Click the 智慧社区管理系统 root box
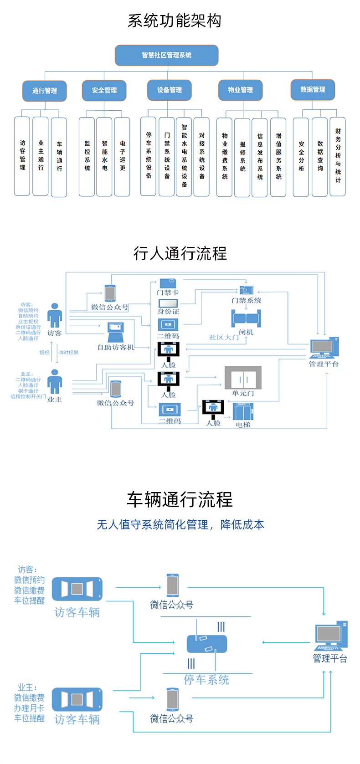tap(166, 55)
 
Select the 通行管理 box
tap(45, 91)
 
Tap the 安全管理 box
tap(104, 90)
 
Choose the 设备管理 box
tap(169, 90)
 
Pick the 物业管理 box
tap(240, 90)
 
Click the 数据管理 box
tap(313, 90)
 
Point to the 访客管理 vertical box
tap(22, 156)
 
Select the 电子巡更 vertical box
tap(122, 156)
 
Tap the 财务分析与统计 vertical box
tap(338, 156)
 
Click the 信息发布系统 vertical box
tap(260, 157)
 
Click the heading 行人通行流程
tap(180, 253)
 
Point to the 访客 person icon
tap(55, 315)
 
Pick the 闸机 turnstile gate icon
tap(246, 318)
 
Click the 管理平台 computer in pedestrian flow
tap(324, 348)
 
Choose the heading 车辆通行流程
tap(180, 500)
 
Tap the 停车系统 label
tap(206, 680)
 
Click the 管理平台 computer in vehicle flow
tap(331, 636)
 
